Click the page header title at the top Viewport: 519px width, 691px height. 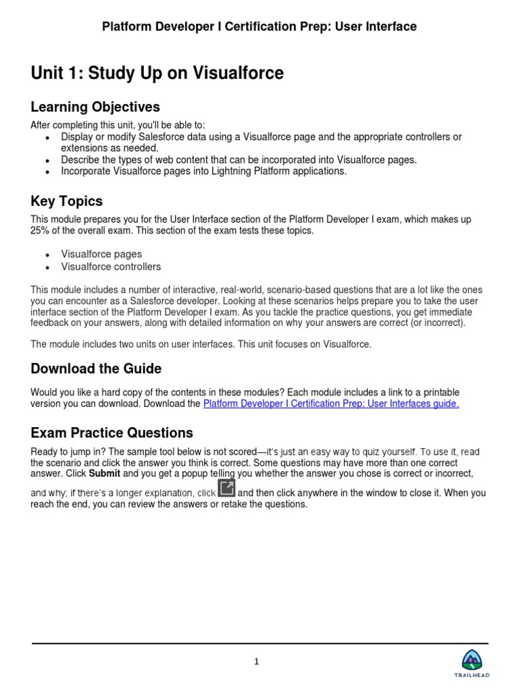tap(259, 27)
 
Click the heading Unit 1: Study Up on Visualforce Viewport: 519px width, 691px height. tap(157, 74)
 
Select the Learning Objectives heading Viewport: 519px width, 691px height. tap(95, 107)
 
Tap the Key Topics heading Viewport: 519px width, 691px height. tap(67, 201)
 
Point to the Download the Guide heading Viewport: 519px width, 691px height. tap(96, 368)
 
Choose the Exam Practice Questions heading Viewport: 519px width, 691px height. tap(112, 433)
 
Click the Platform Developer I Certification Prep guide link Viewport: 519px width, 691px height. tap(331, 404)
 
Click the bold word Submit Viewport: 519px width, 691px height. tap(104, 474)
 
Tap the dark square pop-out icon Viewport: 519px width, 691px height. tap(226, 488)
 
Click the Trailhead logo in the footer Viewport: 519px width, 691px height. tap(476, 663)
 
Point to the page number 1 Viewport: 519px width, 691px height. tap(257, 662)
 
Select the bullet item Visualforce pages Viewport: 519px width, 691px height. tap(101, 254)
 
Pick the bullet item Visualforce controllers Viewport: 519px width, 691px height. tap(111, 267)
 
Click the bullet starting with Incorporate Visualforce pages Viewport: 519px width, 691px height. tap(203, 171)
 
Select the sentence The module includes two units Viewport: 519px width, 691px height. tap(201, 344)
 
